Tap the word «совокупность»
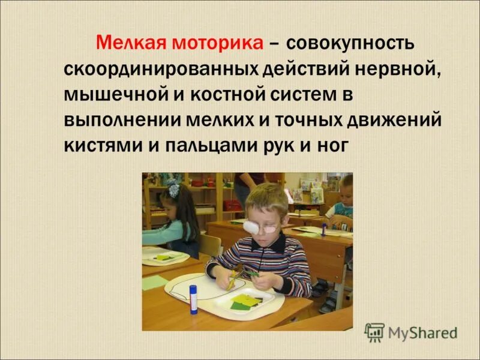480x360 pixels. coord(349,44)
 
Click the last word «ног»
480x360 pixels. coord(331,146)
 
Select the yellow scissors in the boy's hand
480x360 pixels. coord(232,278)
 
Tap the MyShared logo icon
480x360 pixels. coord(374,332)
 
